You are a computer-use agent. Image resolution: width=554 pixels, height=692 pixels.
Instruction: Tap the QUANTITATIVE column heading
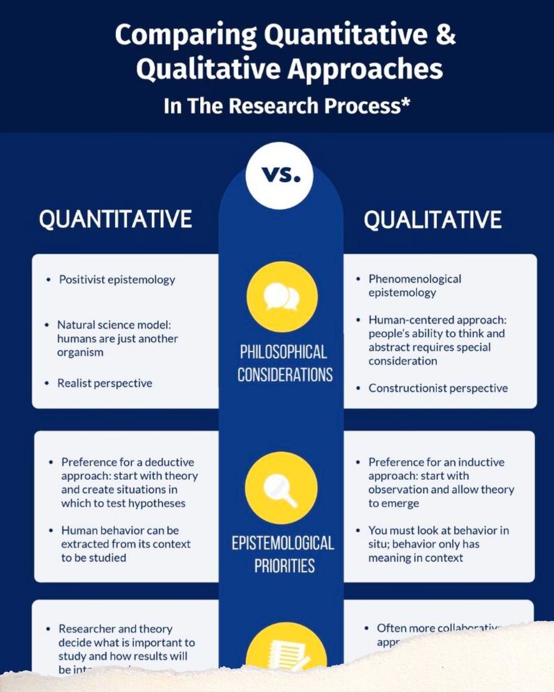[115, 220]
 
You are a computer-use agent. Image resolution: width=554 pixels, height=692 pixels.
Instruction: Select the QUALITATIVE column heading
[432, 220]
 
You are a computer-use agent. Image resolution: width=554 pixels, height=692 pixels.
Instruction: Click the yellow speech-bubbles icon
[282, 296]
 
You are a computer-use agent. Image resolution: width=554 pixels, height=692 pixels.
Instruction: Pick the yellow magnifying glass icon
[282, 487]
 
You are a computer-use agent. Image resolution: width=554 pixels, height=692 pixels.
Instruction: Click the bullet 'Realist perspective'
[104, 383]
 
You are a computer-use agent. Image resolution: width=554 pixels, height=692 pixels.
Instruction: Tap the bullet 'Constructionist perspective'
[438, 388]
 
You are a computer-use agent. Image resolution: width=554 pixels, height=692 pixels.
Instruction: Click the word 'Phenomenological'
[415, 279]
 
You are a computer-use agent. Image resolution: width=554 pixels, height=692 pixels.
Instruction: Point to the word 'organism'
[80, 352]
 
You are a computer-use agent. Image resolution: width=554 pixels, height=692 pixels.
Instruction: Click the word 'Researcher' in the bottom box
[87, 629]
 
